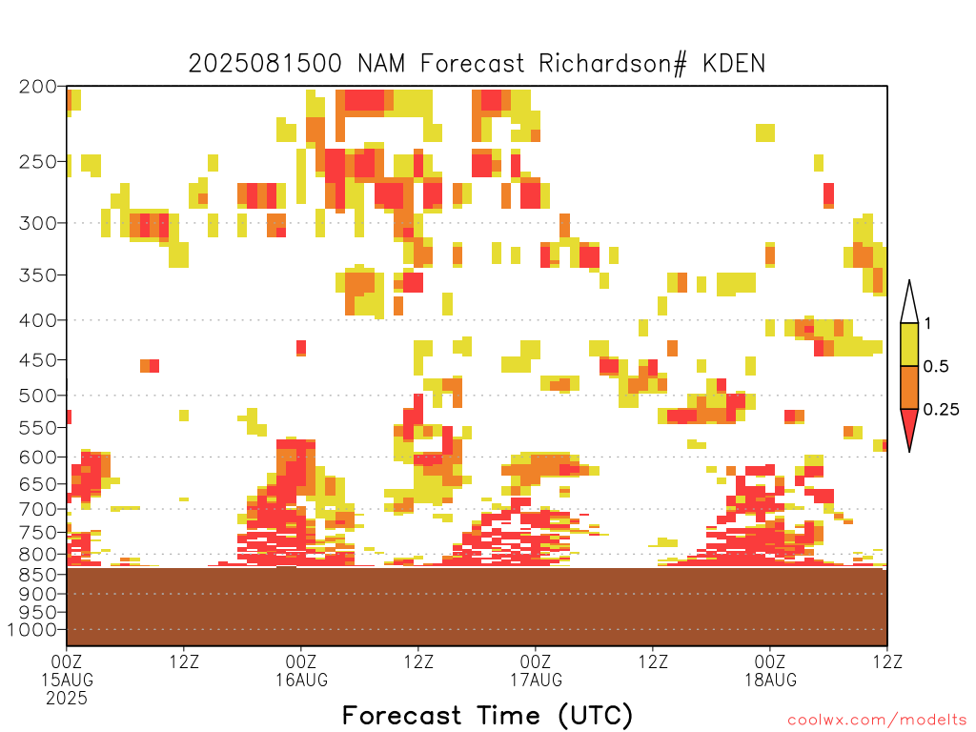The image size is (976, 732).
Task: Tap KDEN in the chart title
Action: (x=734, y=64)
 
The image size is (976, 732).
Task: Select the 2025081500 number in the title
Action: (x=265, y=64)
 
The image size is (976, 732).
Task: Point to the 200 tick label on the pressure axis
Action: (x=37, y=87)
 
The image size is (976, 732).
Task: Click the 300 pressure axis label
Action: (x=37, y=223)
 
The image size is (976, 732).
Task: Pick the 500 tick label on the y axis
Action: (x=37, y=396)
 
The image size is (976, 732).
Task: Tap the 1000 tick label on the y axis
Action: (x=32, y=630)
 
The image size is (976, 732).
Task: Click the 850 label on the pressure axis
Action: (x=37, y=574)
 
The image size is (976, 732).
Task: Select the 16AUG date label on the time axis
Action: (x=302, y=680)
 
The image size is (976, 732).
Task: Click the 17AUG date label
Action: (x=536, y=680)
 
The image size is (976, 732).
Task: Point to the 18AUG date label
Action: (x=770, y=680)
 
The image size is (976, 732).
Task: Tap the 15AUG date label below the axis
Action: (x=68, y=680)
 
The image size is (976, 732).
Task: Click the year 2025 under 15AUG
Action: (x=67, y=699)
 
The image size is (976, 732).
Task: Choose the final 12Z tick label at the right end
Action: (x=887, y=661)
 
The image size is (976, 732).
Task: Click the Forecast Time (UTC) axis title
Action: (x=487, y=715)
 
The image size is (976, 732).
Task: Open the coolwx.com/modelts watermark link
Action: (x=877, y=721)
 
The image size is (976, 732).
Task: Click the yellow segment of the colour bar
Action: (x=909, y=344)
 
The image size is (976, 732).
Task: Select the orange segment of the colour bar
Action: (x=909, y=387)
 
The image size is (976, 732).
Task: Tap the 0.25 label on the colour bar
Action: (x=941, y=410)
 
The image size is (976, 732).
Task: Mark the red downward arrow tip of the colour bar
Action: (x=909, y=451)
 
